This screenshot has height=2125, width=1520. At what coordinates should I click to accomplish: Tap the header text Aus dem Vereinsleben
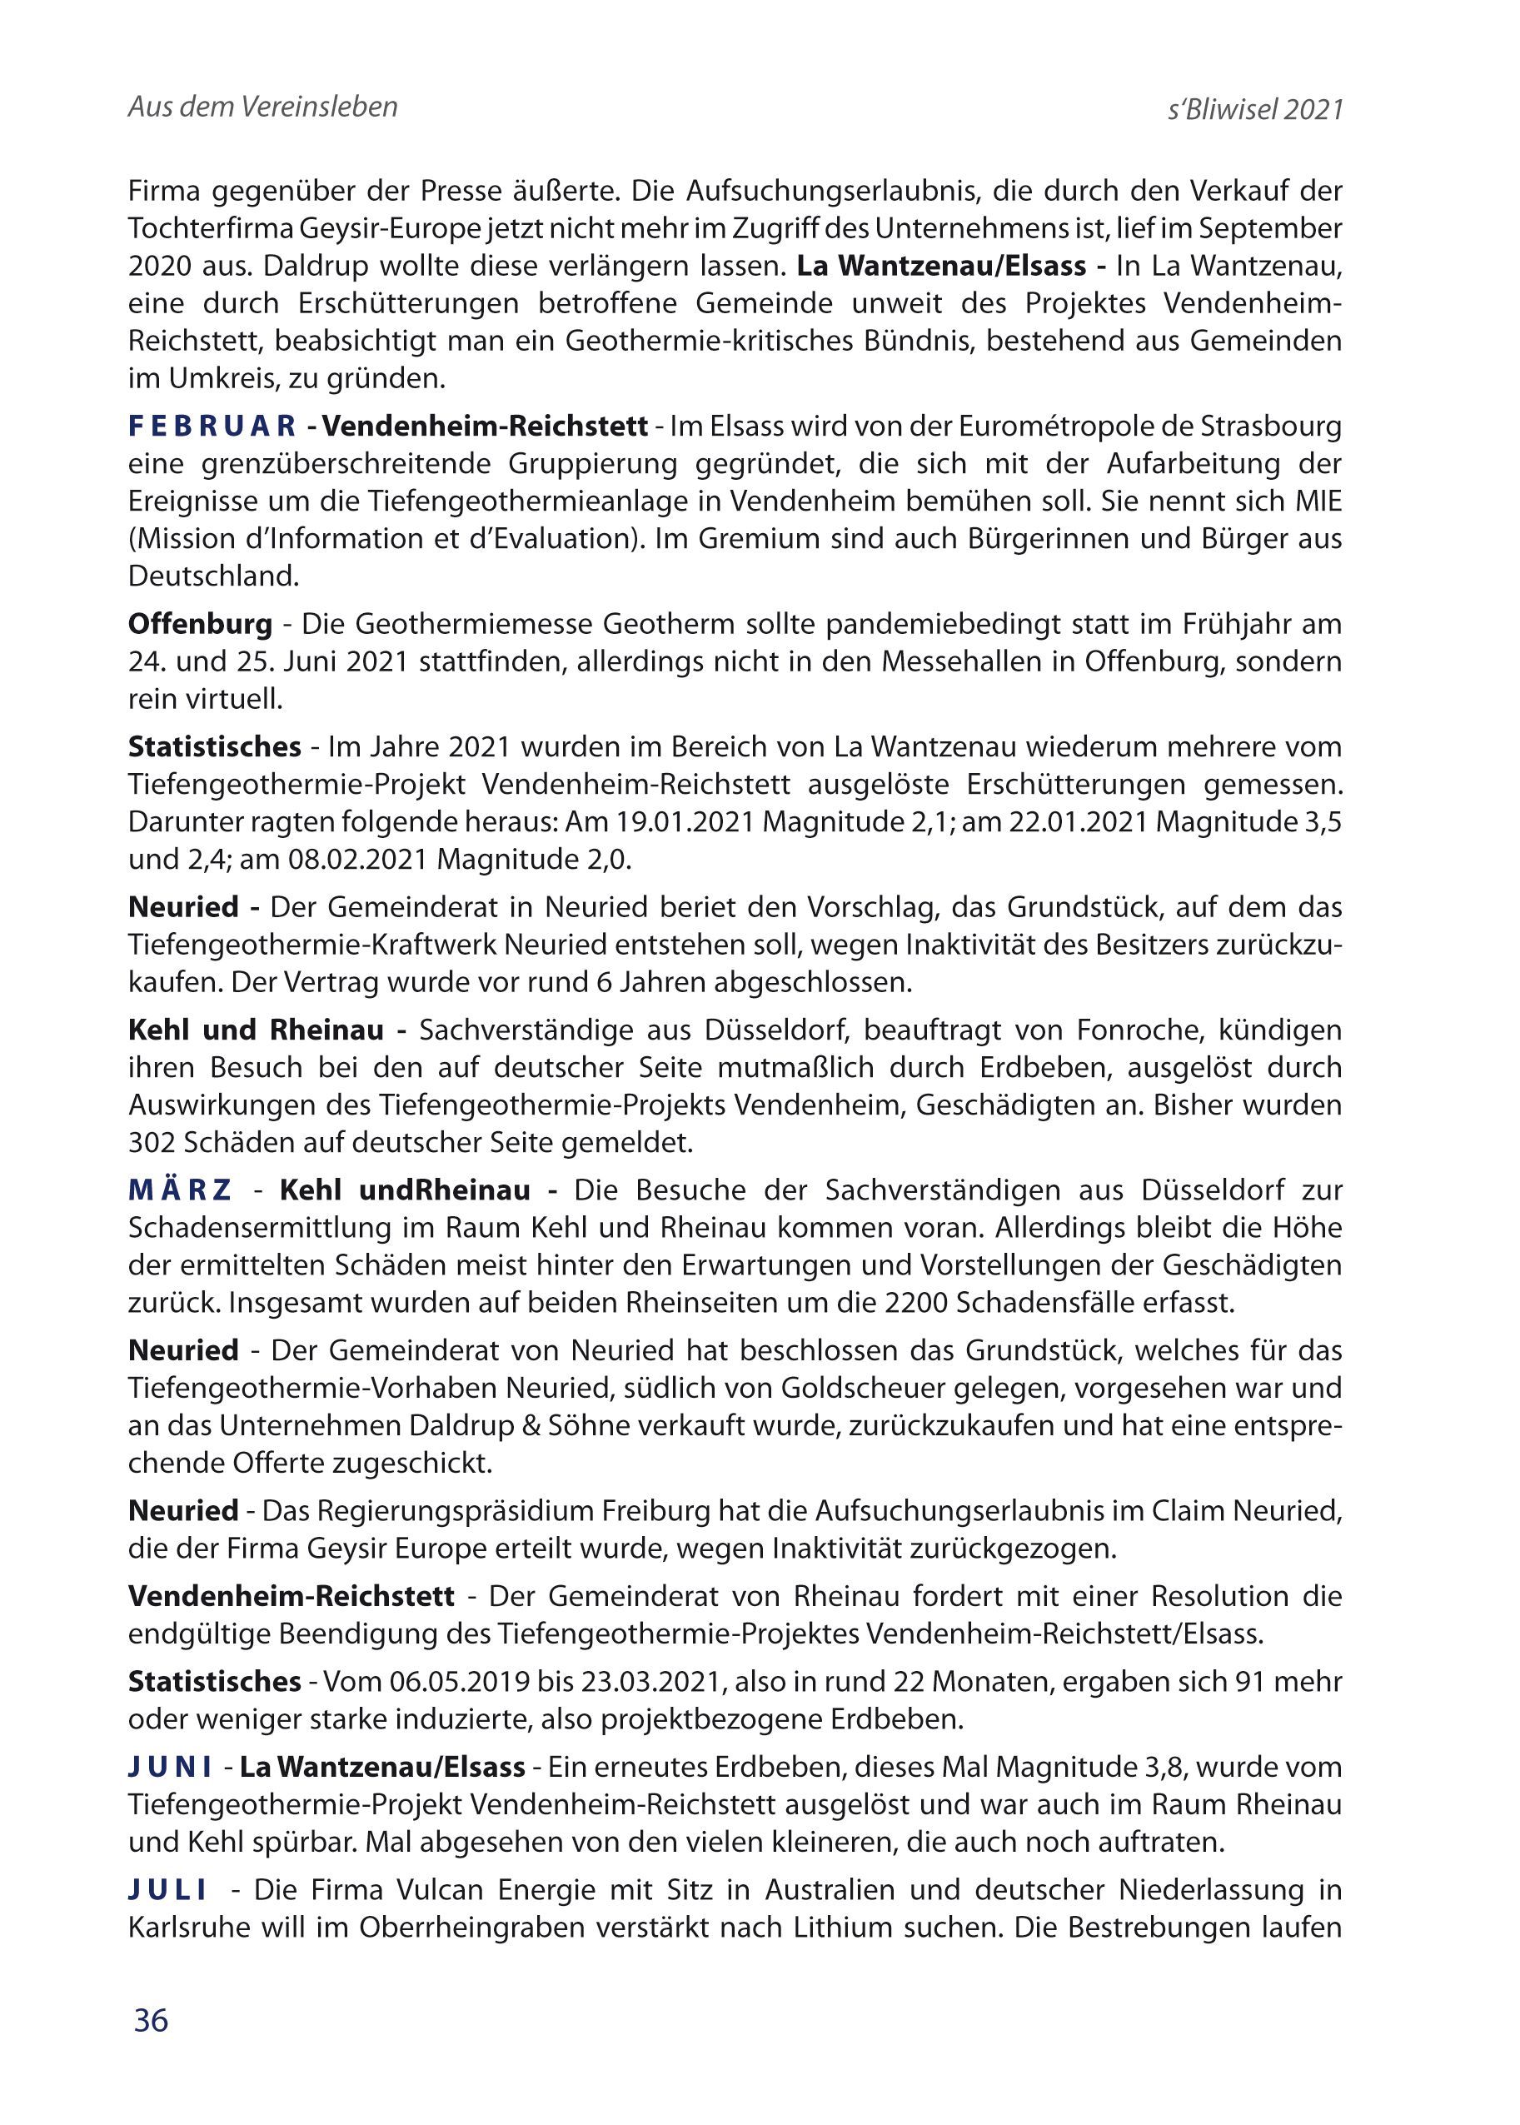coord(263,107)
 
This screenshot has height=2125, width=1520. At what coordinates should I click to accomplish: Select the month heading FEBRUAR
coord(212,426)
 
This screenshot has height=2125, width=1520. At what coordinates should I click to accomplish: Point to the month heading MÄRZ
coord(180,1190)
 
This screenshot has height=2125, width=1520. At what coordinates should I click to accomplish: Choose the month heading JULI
coord(167,1890)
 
